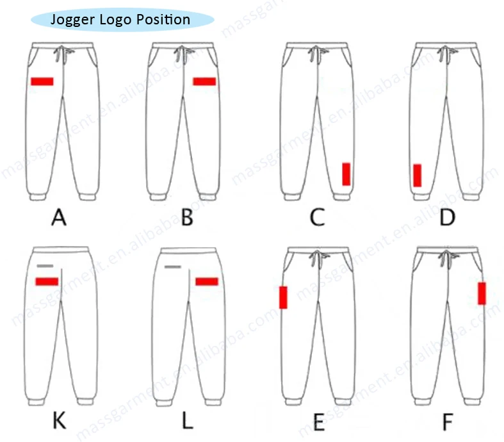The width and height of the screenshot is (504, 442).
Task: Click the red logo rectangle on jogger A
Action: click(42, 81)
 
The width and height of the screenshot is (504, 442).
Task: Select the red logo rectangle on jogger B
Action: click(204, 81)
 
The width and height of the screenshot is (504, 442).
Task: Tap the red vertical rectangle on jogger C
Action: click(346, 174)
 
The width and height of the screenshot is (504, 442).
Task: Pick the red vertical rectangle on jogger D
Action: click(417, 175)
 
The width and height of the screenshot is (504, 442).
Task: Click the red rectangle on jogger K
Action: click(47, 281)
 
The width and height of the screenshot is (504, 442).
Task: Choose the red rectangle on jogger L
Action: click(207, 281)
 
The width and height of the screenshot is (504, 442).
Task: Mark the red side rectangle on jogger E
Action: click(283, 297)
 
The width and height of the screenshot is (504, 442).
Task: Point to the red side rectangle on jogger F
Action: click(482, 293)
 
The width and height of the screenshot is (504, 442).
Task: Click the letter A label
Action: click(59, 219)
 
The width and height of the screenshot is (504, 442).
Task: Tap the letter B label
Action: click(187, 219)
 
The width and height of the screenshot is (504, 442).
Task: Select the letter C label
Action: click(317, 219)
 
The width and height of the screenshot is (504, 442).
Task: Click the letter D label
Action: click(447, 219)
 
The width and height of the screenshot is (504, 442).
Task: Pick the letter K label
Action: click(59, 422)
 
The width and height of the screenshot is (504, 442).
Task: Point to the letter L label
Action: click(187, 422)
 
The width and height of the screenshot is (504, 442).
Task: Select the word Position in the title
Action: click(165, 19)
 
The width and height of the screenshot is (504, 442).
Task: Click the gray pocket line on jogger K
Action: click(45, 265)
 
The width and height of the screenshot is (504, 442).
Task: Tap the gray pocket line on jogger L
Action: click(174, 266)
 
